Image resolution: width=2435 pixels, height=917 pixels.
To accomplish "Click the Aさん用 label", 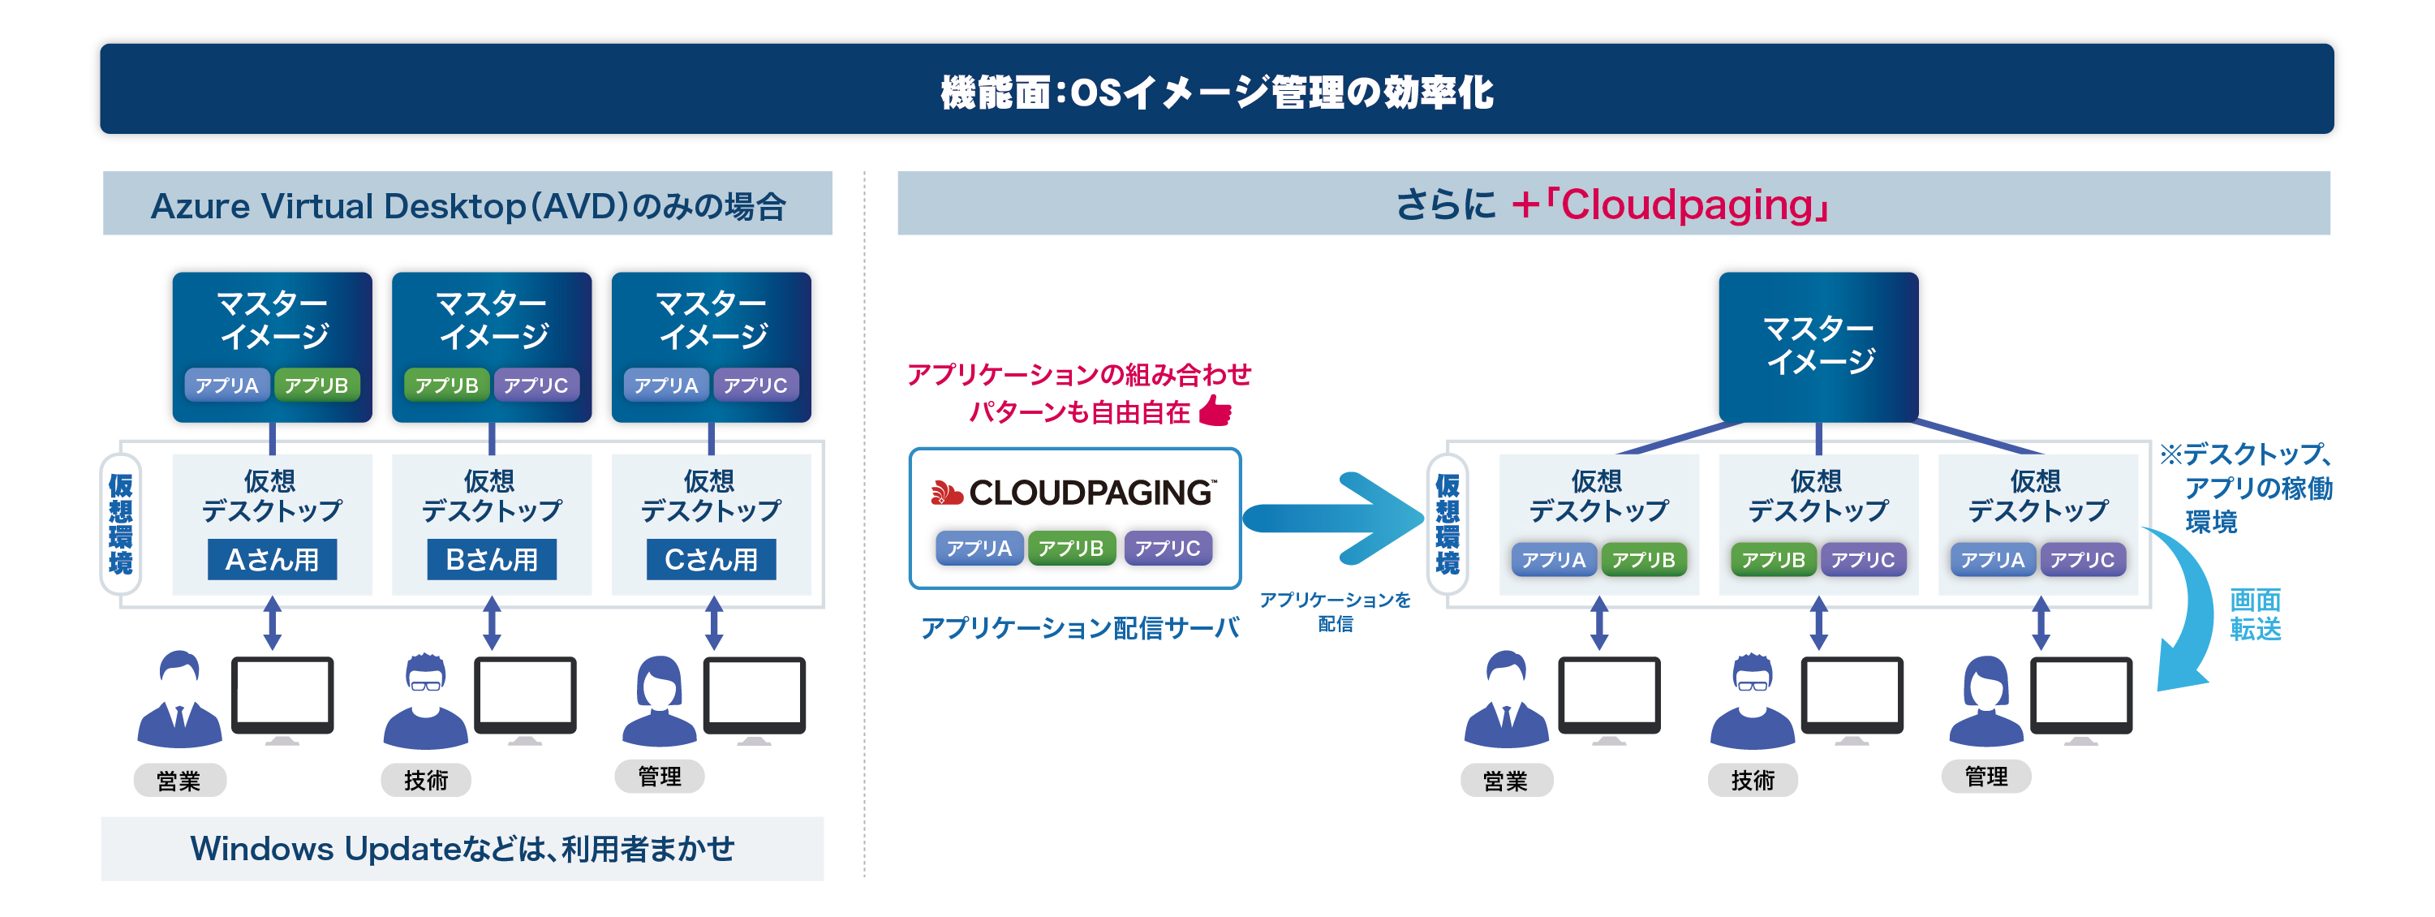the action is click(273, 560).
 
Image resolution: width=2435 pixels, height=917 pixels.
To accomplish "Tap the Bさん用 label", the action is click(492, 560).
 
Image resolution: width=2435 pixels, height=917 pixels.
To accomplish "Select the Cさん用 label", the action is click(711, 560).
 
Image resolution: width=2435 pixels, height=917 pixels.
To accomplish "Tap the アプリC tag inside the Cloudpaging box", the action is click(1168, 549).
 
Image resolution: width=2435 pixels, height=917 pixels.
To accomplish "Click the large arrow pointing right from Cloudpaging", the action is click(1333, 518).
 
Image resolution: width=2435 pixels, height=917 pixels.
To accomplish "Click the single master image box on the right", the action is click(1818, 346).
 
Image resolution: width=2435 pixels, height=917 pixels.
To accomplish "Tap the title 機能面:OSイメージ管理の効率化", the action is click(1216, 92).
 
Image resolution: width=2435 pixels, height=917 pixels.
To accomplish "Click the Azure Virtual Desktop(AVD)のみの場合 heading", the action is click(468, 205).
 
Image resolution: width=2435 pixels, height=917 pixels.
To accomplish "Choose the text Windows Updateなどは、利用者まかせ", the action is click(462, 848).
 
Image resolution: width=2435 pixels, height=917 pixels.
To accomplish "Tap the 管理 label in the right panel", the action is click(1986, 776).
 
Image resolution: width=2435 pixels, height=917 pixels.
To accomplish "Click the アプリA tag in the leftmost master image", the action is click(227, 385).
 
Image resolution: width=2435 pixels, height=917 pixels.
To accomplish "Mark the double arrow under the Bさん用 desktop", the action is click(492, 622).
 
